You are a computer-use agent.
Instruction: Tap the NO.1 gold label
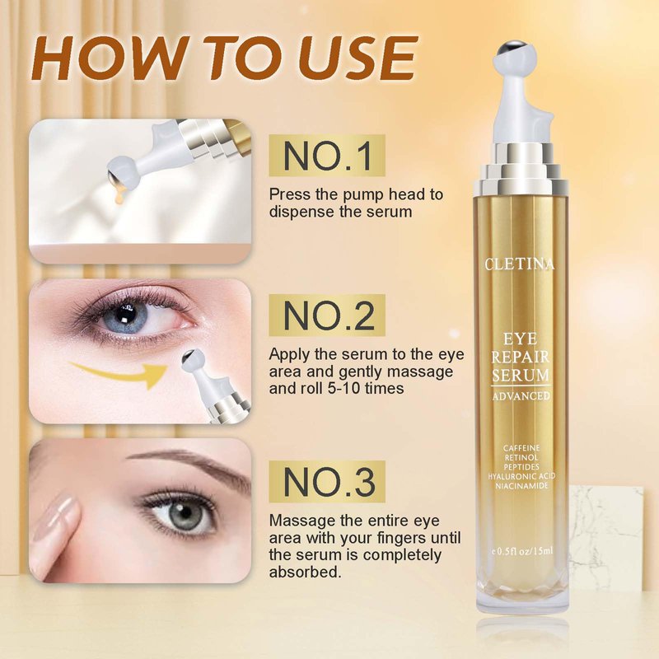pos(327,156)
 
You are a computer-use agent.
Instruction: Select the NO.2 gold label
pos(327,315)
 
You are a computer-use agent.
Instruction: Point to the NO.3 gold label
pos(327,482)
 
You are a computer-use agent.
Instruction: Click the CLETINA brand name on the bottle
pos(520,264)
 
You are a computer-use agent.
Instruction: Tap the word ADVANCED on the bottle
pos(521,396)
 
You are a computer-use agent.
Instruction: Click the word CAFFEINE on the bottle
pos(521,448)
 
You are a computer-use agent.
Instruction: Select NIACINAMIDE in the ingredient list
pos(521,486)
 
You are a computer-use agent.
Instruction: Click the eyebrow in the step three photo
pos(189,464)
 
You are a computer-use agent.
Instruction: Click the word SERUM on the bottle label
pos(521,376)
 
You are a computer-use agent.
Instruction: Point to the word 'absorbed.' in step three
pos(305,573)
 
